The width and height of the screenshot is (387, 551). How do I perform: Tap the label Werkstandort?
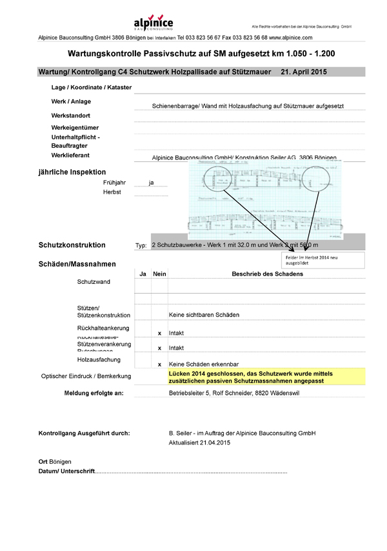tap(72, 115)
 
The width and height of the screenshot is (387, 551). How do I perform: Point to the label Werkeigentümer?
tap(75, 127)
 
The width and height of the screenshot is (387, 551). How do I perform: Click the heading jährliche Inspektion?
tap(72, 172)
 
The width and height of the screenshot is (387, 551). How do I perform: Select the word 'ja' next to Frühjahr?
tap(151, 183)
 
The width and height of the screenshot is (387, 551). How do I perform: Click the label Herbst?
tap(112, 192)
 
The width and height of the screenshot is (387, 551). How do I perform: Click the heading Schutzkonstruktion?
tap(72, 245)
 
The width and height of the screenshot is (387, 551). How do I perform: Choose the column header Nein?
tap(159, 274)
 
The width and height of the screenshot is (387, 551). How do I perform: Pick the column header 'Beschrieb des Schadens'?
tap(267, 274)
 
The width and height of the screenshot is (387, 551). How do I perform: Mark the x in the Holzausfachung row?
tap(159, 365)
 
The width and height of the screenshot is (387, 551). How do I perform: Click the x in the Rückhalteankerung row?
tap(159, 333)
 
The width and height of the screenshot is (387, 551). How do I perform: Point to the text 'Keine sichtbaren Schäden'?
tap(204, 315)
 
